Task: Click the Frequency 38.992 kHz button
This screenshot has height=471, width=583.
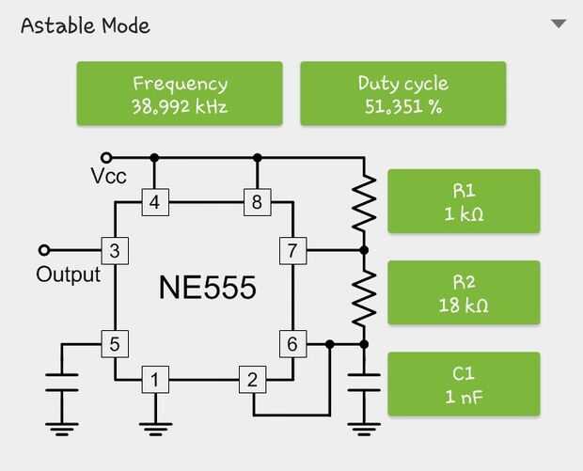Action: pyautogui.click(x=180, y=94)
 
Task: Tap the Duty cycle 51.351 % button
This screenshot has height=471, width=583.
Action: pyautogui.click(x=402, y=94)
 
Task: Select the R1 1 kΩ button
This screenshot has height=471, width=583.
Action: pyautogui.click(x=464, y=201)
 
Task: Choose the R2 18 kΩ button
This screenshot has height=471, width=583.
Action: pyautogui.click(x=464, y=292)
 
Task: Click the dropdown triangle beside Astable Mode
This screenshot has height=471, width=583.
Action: pyautogui.click(x=559, y=24)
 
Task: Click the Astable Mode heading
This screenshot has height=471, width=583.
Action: pyautogui.click(x=86, y=24)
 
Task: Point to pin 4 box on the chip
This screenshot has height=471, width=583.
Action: pyautogui.click(x=154, y=201)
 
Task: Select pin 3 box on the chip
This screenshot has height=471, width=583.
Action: pyautogui.click(x=114, y=251)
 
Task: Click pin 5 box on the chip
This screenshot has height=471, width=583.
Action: pyautogui.click(x=114, y=344)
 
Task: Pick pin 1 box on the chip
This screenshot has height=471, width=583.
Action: pyautogui.click(x=154, y=380)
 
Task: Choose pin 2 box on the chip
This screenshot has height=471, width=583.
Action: pyautogui.click(x=251, y=380)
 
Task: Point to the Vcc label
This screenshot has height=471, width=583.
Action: pyautogui.click(x=109, y=177)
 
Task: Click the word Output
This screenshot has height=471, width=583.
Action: pyautogui.click(x=68, y=275)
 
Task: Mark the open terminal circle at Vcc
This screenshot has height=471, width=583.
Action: pyautogui.click(x=106, y=158)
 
